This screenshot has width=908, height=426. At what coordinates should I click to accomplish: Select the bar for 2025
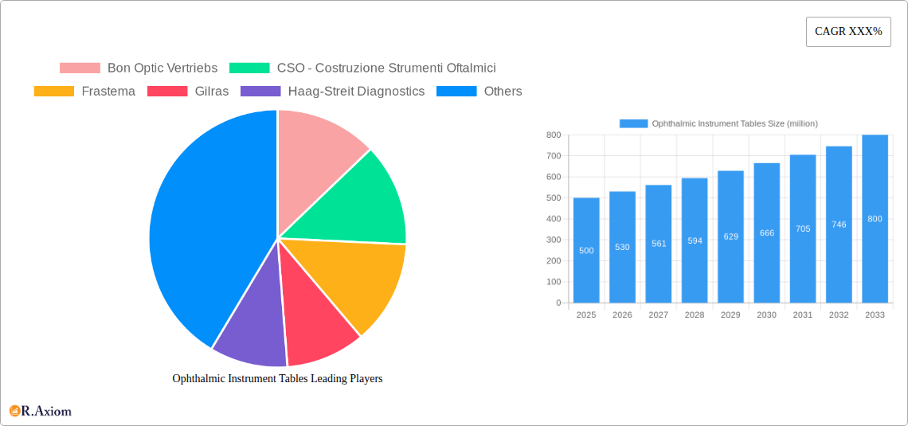[x=586, y=250]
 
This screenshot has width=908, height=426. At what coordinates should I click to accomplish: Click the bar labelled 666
[x=767, y=233]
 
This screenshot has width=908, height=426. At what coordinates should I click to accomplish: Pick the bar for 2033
[x=875, y=219]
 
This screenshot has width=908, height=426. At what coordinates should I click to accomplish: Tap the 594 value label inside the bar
[x=695, y=240]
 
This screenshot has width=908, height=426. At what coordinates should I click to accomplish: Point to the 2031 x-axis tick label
[x=803, y=315]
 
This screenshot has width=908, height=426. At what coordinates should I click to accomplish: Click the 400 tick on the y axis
[x=553, y=219]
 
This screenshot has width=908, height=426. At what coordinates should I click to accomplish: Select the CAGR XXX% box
[x=848, y=32]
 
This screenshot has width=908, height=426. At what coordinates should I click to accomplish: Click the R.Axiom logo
[x=41, y=411]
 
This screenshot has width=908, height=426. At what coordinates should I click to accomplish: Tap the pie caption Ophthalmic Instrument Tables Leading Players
[x=277, y=378]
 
